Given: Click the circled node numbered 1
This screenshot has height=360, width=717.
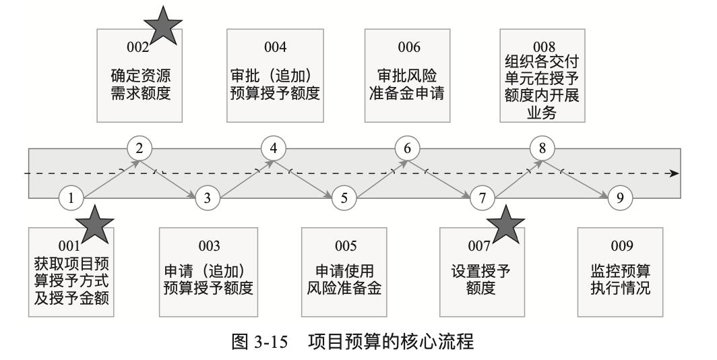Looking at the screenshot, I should point(71,198).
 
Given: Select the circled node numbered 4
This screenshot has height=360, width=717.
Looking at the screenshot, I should point(273,147).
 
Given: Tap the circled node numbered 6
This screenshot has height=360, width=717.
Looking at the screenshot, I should point(407,147).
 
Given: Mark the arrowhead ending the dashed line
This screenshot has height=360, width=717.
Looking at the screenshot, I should point(675,173).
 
